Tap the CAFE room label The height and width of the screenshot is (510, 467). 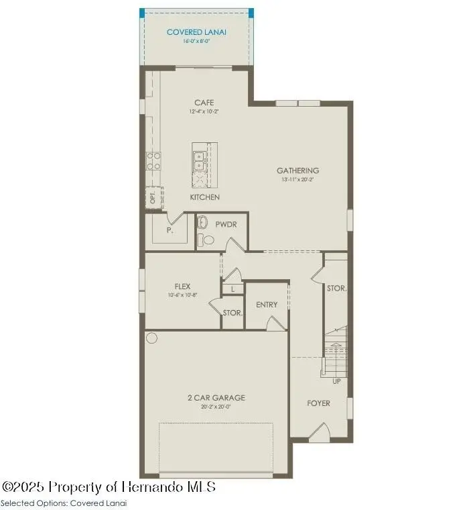[x=204, y=103]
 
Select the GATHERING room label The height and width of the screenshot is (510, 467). [x=297, y=170]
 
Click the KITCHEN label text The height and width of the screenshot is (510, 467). [x=204, y=197]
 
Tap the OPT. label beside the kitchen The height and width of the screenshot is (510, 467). [x=152, y=198]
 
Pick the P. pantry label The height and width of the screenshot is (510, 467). [x=170, y=229]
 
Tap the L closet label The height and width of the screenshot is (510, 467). [x=232, y=289]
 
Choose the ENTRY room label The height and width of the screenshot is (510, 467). [x=267, y=305]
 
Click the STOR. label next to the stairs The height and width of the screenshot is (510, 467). [x=336, y=289]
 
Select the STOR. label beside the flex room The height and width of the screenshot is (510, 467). [x=232, y=313]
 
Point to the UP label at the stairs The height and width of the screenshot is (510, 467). [x=336, y=381]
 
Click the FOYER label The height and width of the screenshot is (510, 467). [x=319, y=403]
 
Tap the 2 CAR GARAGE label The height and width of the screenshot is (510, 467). [x=216, y=397]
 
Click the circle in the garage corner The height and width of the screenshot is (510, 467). [x=152, y=338]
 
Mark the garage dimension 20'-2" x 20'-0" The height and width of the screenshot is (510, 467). [x=216, y=407]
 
